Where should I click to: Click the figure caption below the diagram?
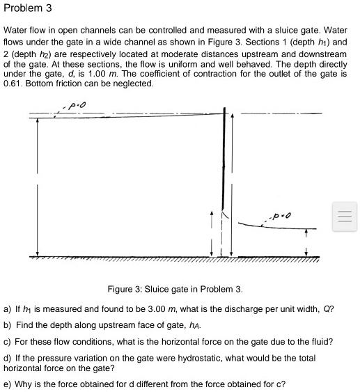(x=175, y=289)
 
